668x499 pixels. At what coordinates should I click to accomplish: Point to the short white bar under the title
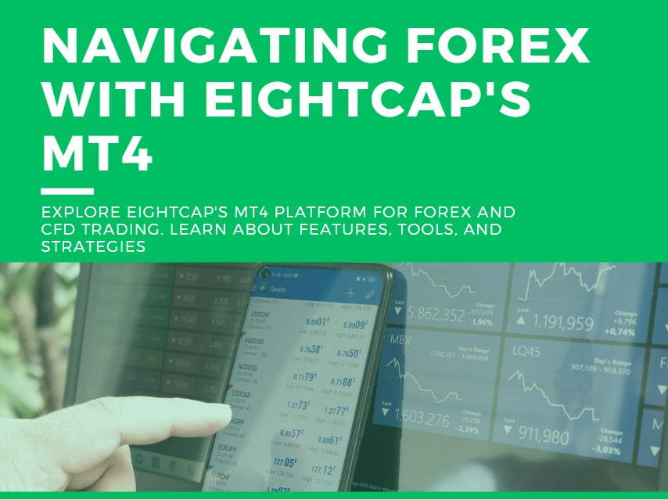tap(67, 191)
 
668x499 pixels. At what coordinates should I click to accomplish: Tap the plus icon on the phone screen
tap(350, 293)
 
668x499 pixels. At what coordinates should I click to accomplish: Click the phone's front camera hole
tap(266, 274)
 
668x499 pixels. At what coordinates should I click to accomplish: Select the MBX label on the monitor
tap(400, 341)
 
